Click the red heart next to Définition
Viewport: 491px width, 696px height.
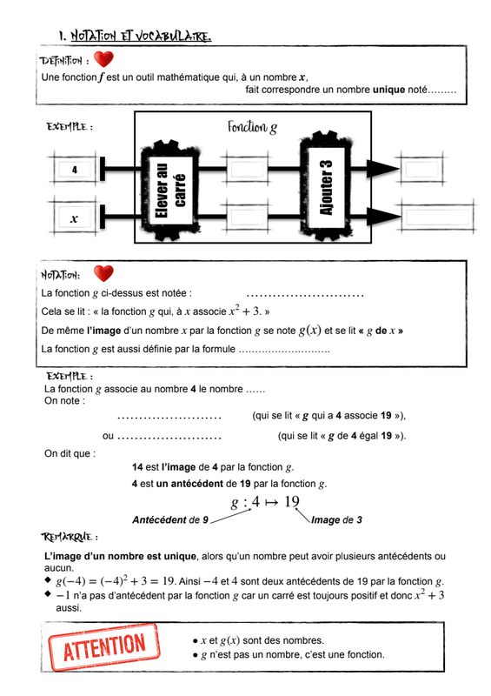[x=103, y=59]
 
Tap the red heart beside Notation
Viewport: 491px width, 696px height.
[x=103, y=273]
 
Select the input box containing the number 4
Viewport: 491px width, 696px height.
[x=75, y=169]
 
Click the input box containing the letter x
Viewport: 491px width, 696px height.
[x=75, y=218]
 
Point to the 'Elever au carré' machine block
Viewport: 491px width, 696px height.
[x=169, y=191]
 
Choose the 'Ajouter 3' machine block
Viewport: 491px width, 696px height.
[x=326, y=186]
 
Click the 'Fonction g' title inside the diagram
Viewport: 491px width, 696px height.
[x=252, y=127]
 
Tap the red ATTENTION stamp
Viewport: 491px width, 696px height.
[x=104, y=647]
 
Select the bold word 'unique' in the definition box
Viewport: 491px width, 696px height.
[x=389, y=90]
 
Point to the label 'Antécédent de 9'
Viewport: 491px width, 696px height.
[x=170, y=519]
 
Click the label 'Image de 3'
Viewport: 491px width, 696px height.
[x=336, y=519]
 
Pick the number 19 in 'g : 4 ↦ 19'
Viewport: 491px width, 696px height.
[x=292, y=502]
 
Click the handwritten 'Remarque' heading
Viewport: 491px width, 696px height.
[x=70, y=537]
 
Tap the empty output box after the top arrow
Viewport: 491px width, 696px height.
[x=421, y=169]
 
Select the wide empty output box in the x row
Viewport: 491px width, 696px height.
[x=437, y=217]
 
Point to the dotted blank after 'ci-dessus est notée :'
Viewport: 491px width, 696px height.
[x=305, y=295]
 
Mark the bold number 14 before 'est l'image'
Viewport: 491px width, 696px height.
[x=137, y=467]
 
